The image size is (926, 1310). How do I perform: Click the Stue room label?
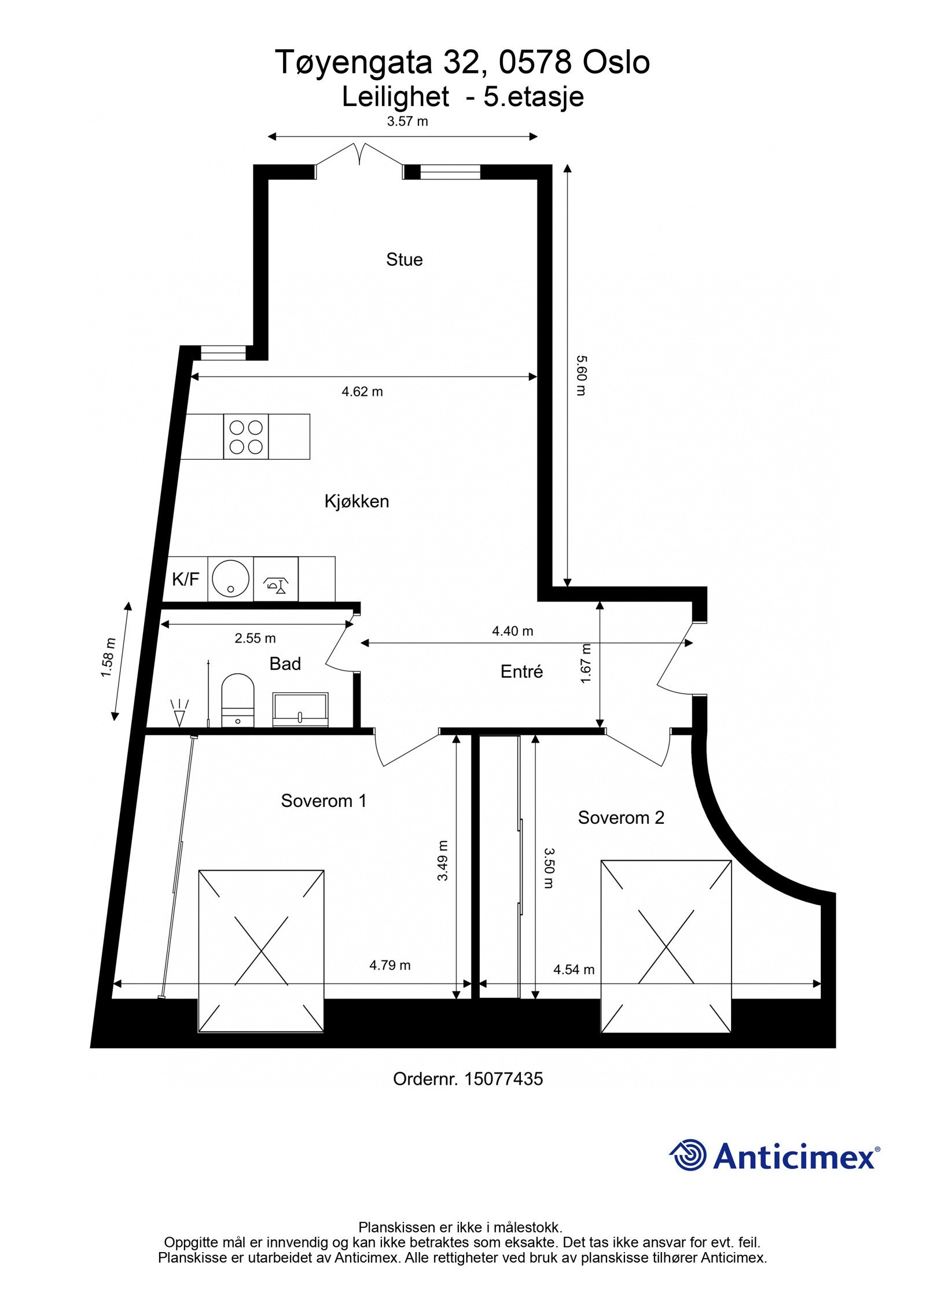404,259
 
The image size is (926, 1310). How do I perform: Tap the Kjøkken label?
357,501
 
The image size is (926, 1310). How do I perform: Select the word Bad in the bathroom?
285,663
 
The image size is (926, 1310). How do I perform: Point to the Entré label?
521,671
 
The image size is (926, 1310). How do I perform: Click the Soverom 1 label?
324,801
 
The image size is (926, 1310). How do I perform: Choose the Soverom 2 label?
620,817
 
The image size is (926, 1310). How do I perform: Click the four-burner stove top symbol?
246,436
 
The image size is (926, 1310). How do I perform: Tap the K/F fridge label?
185,579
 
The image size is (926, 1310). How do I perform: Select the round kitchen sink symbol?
230,578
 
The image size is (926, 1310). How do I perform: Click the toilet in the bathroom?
238,699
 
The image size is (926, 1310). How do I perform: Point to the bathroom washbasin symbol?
300,709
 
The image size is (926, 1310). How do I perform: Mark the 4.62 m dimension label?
362,392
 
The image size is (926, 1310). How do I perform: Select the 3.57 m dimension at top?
407,122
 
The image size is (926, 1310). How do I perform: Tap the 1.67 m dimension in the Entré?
586,663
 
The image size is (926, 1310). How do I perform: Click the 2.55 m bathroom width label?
255,639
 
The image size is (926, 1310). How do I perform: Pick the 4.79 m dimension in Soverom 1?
389,965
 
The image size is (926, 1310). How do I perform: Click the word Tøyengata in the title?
355,63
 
